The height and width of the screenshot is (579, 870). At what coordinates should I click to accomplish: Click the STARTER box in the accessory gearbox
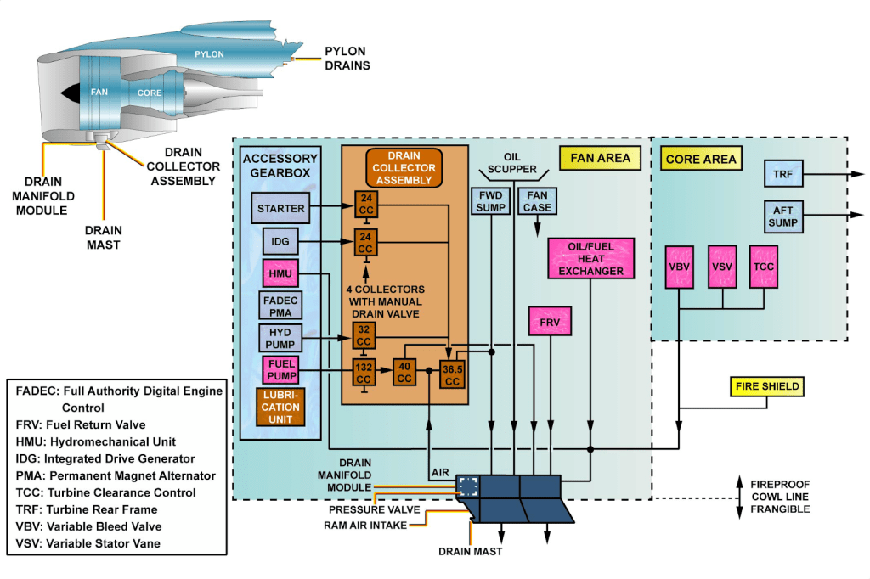coord(280,208)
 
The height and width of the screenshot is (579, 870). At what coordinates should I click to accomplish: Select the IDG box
coord(280,241)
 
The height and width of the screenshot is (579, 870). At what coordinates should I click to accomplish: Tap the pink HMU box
coord(280,273)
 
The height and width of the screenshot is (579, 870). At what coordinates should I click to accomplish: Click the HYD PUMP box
coord(280,337)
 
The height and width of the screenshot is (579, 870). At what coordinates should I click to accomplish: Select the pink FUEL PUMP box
coord(280,371)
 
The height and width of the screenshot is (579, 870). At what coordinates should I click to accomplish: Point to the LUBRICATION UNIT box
coord(280,406)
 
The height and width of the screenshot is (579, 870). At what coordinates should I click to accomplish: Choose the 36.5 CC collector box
coord(451,375)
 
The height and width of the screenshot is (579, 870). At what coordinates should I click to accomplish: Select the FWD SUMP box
coord(490,201)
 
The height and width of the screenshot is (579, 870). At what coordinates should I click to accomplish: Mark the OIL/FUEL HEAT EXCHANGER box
coord(590,258)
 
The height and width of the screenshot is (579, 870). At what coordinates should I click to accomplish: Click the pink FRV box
coord(550,323)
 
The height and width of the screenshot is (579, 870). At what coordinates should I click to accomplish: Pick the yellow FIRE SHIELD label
coord(767,386)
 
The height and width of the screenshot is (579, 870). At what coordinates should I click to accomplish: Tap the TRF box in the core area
coord(782,175)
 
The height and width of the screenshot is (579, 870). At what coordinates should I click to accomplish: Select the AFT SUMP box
coord(782,216)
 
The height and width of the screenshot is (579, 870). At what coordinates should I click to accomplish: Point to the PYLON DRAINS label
coord(348,58)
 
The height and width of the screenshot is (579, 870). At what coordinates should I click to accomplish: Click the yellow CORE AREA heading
coord(701,159)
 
